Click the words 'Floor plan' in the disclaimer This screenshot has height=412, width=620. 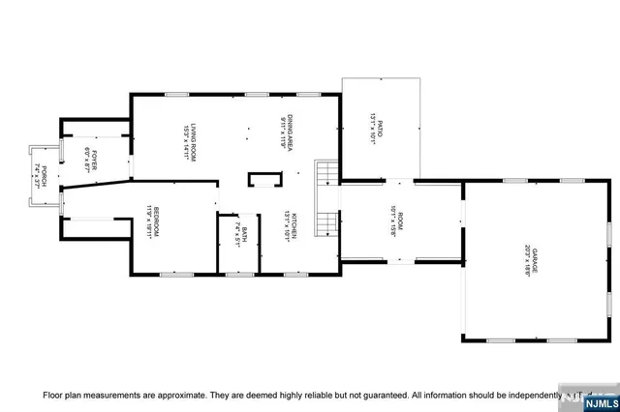pos(60,396)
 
